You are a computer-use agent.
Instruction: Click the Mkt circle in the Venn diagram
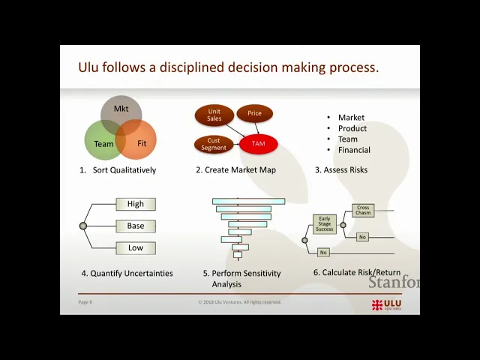click(x=121, y=109)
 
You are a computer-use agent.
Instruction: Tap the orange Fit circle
click(x=140, y=142)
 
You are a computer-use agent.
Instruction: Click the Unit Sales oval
click(x=214, y=115)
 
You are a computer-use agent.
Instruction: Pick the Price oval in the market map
click(x=255, y=114)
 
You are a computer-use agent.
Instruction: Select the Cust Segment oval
click(x=214, y=143)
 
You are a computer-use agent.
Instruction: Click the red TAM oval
click(x=258, y=143)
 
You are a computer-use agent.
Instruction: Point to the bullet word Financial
click(x=354, y=150)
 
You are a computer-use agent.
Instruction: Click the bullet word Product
click(x=352, y=128)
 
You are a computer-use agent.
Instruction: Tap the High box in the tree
click(x=136, y=204)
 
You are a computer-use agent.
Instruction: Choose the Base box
click(x=136, y=226)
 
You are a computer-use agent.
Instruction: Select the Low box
click(x=136, y=248)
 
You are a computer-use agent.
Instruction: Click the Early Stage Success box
click(x=324, y=223)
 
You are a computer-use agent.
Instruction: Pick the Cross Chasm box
click(x=363, y=211)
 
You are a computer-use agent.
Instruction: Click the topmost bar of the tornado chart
click(x=248, y=201)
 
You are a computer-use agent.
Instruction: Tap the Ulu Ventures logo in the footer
click(x=386, y=304)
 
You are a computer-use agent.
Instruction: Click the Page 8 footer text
click(x=85, y=302)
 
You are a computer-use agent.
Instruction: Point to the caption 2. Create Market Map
click(x=235, y=170)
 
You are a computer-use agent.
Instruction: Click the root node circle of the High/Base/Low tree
click(x=83, y=226)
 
